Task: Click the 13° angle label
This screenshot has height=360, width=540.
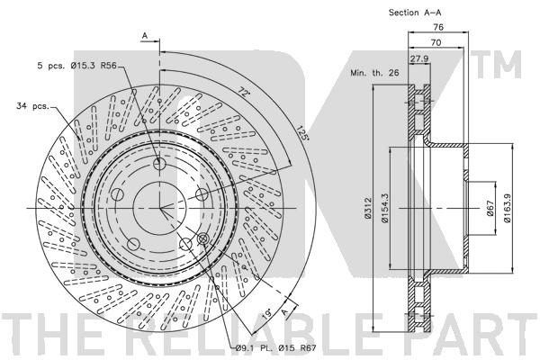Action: point(267,316)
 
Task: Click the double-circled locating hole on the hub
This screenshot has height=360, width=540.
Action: point(202,238)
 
